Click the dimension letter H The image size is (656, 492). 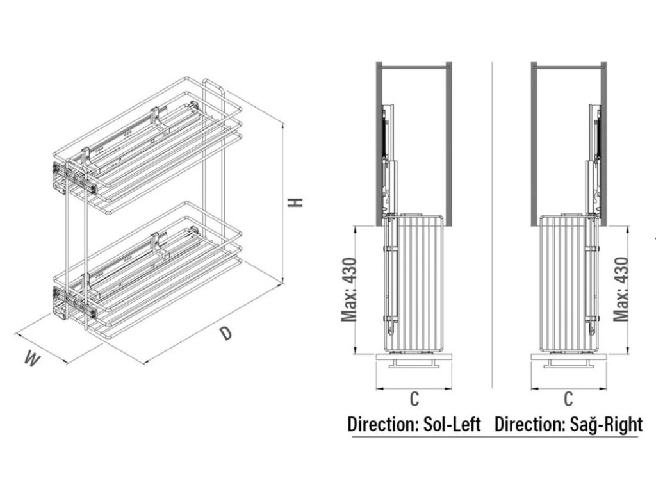pyautogui.click(x=296, y=202)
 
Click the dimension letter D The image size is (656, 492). pyautogui.click(x=225, y=333)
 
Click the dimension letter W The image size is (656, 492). pyautogui.click(x=30, y=359)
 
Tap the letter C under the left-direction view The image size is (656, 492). pyautogui.click(x=414, y=398)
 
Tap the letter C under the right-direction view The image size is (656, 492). pyautogui.click(x=568, y=398)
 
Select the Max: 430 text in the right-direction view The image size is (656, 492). pyautogui.click(x=620, y=288)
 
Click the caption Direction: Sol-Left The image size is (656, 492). pyautogui.click(x=414, y=424)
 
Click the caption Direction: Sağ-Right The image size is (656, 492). pyautogui.click(x=569, y=424)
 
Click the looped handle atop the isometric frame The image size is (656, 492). pyautogui.click(x=213, y=86)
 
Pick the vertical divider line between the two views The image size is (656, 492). pyautogui.click(x=492, y=224)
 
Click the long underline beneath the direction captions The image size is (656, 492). pyautogui.click(x=493, y=437)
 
